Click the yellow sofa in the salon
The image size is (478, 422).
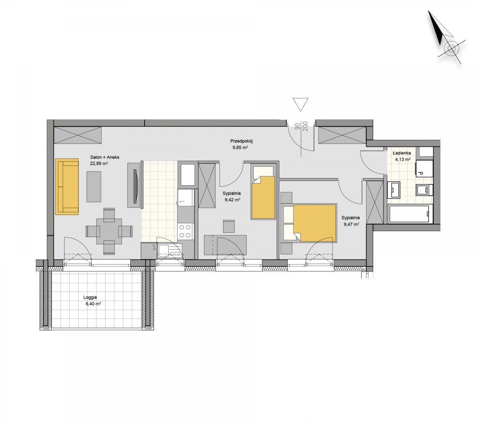click(x=67, y=187)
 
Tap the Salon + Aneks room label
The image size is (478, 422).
click(x=105, y=157)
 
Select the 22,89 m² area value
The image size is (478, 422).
click(x=99, y=163)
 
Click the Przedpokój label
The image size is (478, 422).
click(x=242, y=141)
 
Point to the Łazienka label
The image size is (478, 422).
click(x=402, y=153)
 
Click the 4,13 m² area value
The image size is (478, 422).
click(x=403, y=159)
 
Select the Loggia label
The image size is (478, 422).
click(x=90, y=297)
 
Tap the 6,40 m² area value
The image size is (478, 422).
click(x=93, y=304)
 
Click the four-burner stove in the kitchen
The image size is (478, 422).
click(x=185, y=231)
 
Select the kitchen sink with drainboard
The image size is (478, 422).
click(x=169, y=250)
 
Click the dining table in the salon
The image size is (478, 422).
click(x=109, y=231)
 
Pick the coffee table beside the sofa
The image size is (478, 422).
click(x=94, y=187)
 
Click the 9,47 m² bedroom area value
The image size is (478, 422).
click(x=351, y=224)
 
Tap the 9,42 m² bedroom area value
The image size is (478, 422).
click(x=232, y=199)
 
